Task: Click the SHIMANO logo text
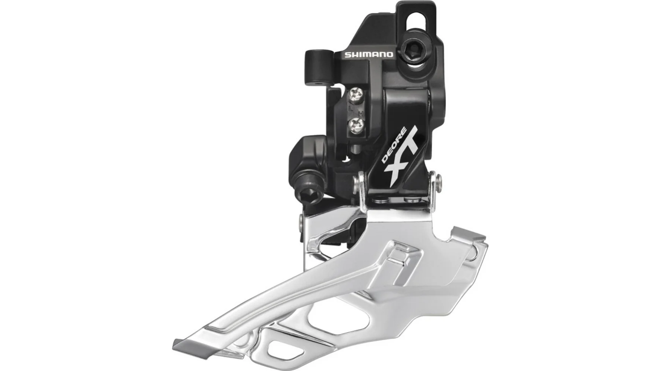(368, 55)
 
